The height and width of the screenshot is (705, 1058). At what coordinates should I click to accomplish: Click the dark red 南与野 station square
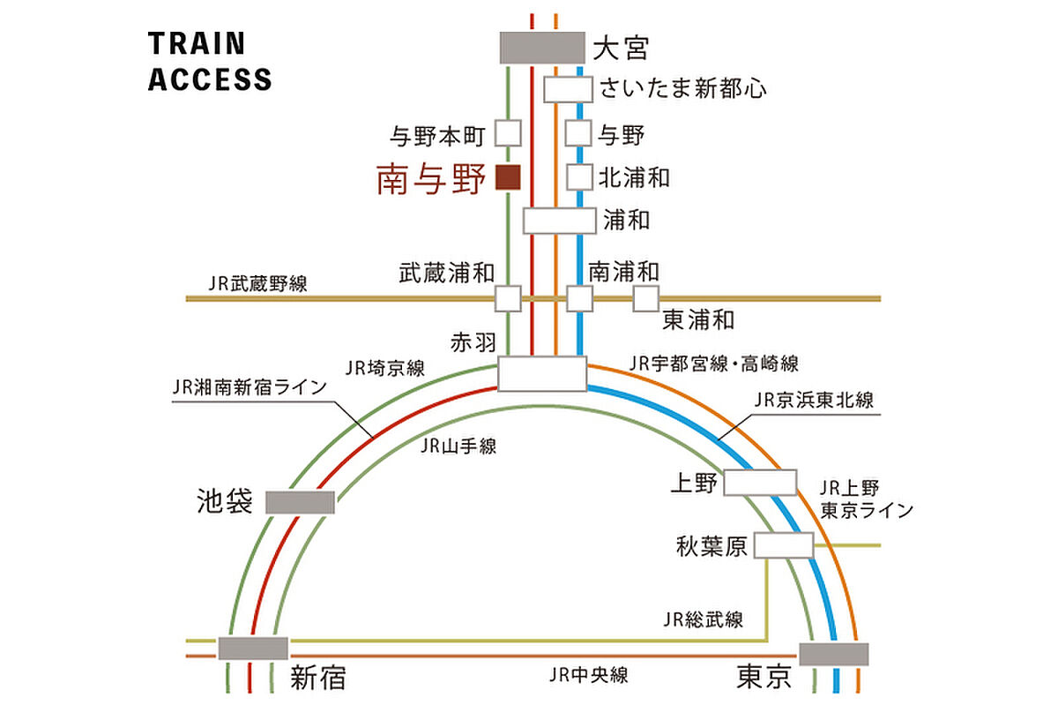[508, 177]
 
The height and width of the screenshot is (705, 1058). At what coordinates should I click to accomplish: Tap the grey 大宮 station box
[542, 48]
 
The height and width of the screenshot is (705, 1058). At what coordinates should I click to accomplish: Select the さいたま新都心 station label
[683, 88]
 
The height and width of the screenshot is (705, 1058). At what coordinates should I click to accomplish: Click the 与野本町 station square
[508, 133]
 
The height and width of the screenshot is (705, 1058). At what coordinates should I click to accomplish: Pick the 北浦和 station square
[579, 176]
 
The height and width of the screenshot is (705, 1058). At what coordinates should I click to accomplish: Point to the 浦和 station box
[559, 221]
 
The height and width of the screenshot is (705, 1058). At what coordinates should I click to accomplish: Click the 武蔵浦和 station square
[508, 298]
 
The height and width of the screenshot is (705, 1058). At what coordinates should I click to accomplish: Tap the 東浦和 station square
[645, 298]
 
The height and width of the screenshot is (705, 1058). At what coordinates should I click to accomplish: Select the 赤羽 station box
[542, 373]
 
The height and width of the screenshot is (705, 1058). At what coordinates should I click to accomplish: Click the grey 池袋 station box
[300, 502]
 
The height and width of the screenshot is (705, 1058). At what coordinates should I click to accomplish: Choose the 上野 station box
[760, 483]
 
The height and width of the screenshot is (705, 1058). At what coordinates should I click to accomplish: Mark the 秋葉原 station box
[784, 545]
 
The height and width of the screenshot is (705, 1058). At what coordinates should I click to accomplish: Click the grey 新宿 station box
[253, 649]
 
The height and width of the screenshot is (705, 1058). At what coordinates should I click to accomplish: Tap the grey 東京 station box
[834, 654]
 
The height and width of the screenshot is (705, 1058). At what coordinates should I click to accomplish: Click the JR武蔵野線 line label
[257, 284]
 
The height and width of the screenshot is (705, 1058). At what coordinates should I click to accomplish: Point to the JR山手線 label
[458, 446]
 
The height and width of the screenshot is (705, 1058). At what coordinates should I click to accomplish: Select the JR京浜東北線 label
[813, 400]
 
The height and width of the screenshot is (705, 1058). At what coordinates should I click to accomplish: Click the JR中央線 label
[589, 675]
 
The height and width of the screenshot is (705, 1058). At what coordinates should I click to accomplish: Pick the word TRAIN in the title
[197, 43]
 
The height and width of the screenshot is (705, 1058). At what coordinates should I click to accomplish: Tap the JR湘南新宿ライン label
[250, 387]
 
